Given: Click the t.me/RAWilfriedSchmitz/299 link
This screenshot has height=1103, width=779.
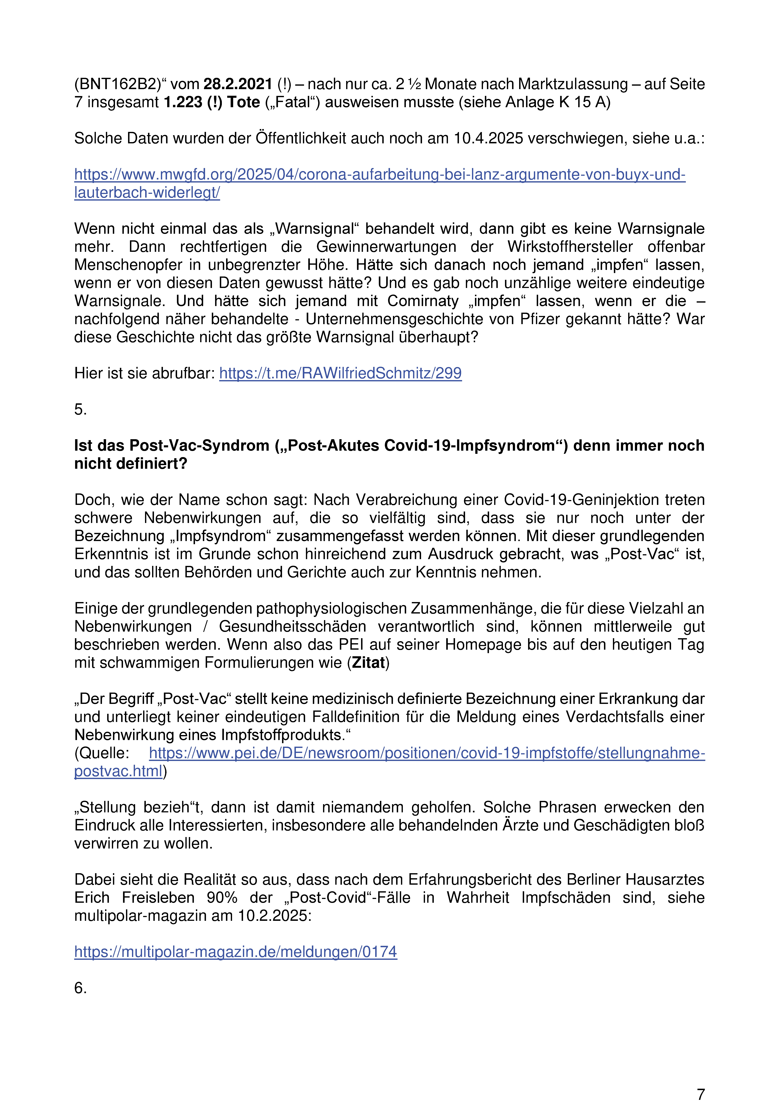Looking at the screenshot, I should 340,373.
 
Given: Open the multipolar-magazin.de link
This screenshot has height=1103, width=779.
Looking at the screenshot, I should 235,952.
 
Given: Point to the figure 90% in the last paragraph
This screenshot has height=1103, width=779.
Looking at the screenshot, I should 222,897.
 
